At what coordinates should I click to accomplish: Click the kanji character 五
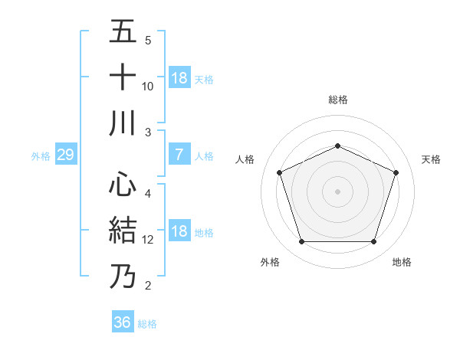[x=123, y=32]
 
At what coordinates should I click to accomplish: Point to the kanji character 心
[x=123, y=185]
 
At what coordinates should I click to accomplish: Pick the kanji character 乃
[x=123, y=276]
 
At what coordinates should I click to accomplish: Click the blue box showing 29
[x=65, y=155]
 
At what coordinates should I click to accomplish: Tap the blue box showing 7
[x=179, y=155]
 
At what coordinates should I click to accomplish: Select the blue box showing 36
[x=122, y=322]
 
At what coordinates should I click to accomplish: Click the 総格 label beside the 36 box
[x=147, y=324]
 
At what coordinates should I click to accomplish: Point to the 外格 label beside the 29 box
[x=41, y=156]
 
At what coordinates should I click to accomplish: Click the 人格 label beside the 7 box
[x=204, y=156]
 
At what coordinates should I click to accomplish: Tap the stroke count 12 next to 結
[x=148, y=240]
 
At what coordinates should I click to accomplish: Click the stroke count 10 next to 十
[x=148, y=86]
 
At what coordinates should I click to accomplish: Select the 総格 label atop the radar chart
[x=337, y=100]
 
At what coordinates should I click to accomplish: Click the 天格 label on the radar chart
[x=431, y=159]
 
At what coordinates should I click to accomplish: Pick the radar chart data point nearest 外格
[x=301, y=242]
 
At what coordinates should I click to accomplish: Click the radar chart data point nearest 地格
[x=373, y=242]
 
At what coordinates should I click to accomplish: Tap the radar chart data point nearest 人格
[x=279, y=172]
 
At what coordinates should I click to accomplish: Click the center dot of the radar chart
[x=337, y=191]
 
